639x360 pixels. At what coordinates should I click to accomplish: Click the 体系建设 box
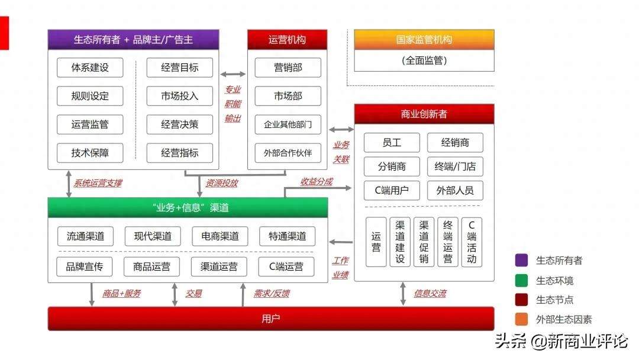click(x=90, y=67)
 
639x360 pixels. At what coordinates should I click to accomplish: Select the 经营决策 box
click(x=180, y=124)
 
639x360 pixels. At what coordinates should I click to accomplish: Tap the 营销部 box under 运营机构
click(x=288, y=67)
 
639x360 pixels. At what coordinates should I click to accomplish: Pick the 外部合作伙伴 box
click(x=288, y=153)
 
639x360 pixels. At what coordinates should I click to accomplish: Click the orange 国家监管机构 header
click(x=424, y=40)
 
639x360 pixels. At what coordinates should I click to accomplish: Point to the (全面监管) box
click(x=424, y=60)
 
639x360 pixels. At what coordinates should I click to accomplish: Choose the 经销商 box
click(x=454, y=143)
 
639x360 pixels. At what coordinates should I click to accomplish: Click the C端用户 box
click(x=392, y=191)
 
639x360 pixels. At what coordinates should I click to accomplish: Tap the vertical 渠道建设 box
click(x=400, y=242)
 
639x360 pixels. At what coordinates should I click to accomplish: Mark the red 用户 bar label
click(x=270, y=319)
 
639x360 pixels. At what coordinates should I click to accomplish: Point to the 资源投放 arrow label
click(x=221, y=184)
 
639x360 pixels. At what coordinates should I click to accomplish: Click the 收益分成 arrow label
click(x=317, y=182)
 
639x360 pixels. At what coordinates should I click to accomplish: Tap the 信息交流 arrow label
click(x=430, y=293)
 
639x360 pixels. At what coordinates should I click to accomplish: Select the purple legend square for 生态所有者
click(x=521, y=260)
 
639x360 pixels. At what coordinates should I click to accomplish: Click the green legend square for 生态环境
click(x=521, y=280)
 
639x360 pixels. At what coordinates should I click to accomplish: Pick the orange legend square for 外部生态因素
click(x=521, y=320)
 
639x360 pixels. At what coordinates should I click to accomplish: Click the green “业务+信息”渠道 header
click(x=187, y=207)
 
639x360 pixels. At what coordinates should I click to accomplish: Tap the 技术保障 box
click(x=90, y=153)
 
